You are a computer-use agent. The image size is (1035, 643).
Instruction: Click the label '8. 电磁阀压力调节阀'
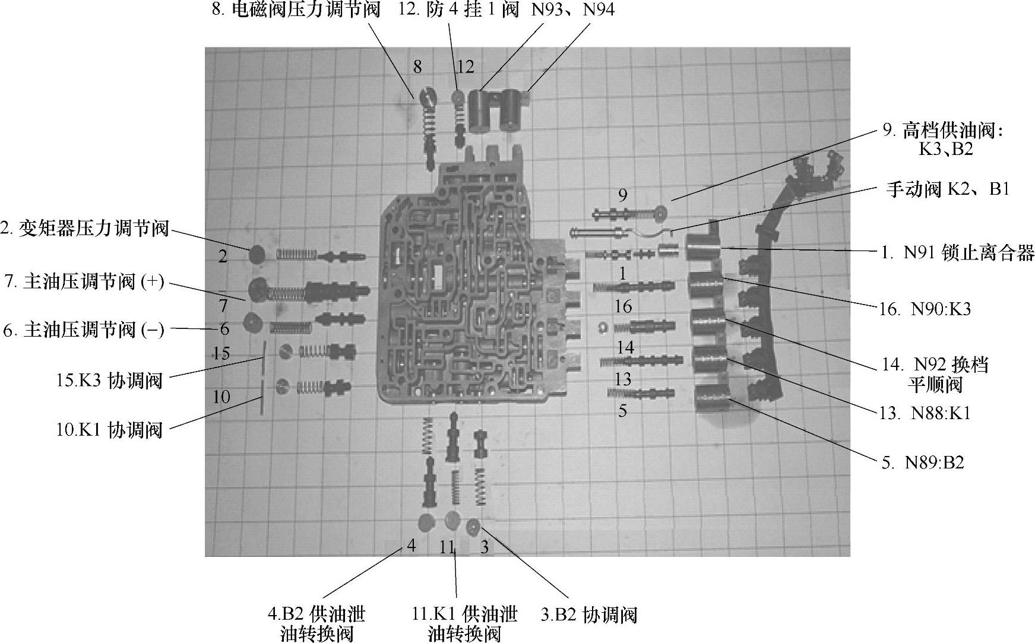click(296, 11)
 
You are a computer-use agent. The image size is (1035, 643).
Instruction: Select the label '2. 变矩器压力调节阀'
click(85, 229)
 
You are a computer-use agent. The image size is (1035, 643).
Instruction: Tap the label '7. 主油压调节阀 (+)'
click(84, 282)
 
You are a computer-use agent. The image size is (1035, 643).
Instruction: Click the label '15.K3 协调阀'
click(109, 381)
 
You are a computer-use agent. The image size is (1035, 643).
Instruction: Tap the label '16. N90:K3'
click(926, 309)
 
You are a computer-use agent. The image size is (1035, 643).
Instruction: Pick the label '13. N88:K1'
click(925, 413)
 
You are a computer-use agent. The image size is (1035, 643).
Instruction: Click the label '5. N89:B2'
click(922, 463)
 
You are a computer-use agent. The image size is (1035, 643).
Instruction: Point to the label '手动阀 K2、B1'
click(948, 189)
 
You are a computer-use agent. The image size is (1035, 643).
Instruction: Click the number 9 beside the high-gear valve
click(622, 195)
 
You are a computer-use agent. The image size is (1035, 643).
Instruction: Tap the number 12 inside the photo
click(466, 66)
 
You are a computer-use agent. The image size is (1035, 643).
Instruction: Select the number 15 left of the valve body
click(221, 354)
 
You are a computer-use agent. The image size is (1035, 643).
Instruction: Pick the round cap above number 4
click(426, 522)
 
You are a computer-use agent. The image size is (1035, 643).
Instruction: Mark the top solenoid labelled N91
click(704, 246)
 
